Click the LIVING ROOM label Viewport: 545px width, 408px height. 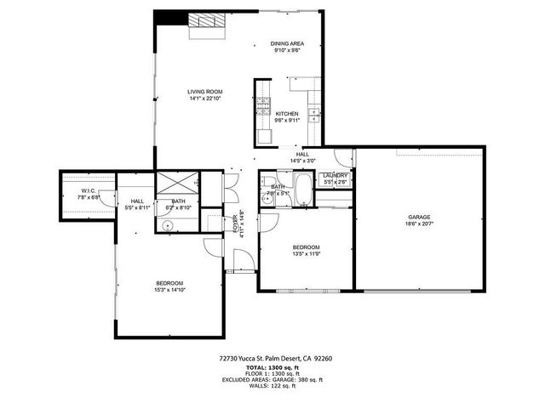[204, 91]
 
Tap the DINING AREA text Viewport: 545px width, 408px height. [287, 43]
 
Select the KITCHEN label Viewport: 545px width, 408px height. [286, 113]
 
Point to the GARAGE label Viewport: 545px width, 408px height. [419, 218]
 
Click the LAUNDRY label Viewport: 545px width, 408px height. [335, 175]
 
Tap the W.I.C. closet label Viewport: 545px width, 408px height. [89, 190]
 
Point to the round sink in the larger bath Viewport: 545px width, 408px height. [168, 224]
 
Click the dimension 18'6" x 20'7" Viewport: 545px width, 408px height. [419, 224]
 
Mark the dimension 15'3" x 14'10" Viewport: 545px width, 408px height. [169, 290]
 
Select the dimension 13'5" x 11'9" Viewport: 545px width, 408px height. [307, 253]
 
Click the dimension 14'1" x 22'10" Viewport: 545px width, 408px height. [204, 98]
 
